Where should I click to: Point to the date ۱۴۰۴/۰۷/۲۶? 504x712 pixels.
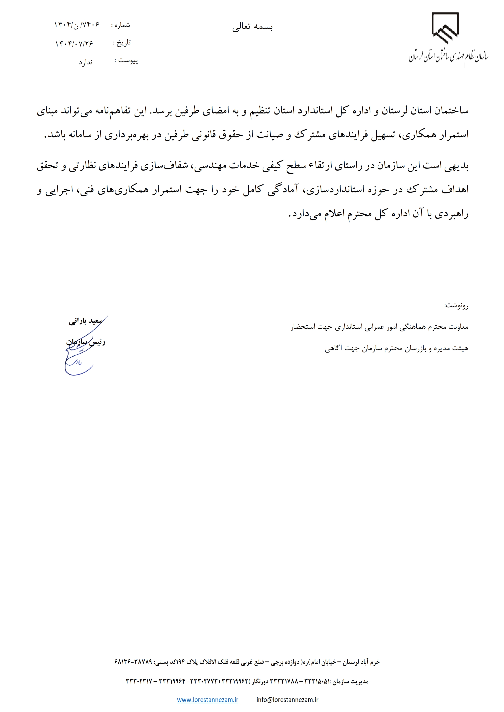coord(74,44)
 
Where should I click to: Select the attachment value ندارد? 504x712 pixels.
coord(85,62)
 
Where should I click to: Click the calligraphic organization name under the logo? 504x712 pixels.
coord(448,56)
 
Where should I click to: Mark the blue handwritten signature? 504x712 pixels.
coord(79,357)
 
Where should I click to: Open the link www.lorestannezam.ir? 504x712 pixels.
coord(207,700)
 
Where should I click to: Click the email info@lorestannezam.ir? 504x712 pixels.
coord(287,700)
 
